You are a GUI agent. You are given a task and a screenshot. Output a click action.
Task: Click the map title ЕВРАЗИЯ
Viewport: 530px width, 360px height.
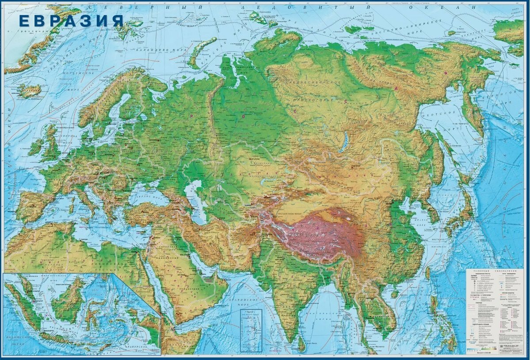coord(71,20)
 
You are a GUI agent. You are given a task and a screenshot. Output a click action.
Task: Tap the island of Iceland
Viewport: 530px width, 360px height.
coord(30,91)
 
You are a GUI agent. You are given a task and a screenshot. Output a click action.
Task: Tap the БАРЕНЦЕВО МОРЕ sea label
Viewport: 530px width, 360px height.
coord(157,50)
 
